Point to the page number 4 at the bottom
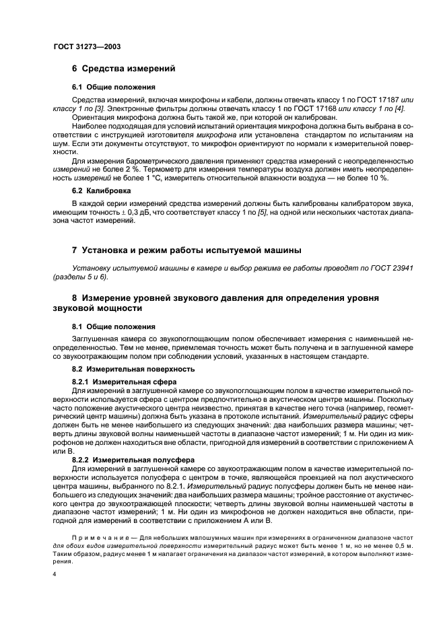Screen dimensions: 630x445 (x=55, y=574)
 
